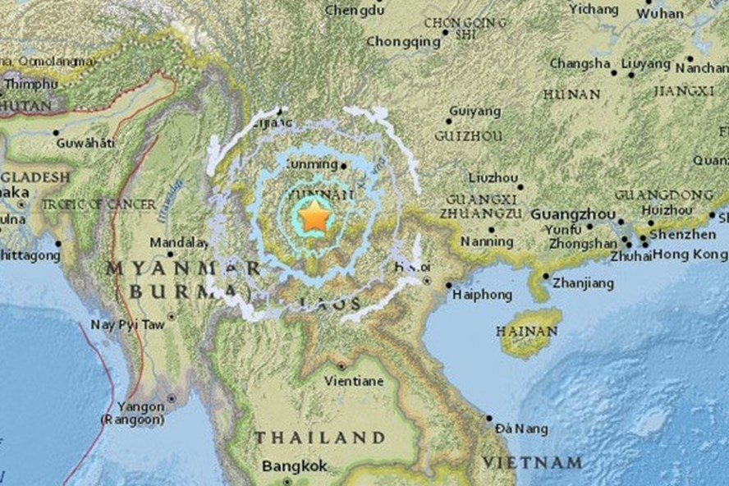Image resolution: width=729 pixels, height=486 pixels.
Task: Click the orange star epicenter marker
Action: click(314, 218)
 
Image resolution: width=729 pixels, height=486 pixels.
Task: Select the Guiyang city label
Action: click(475, 111)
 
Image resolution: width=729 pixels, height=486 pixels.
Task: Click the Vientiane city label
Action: click(354, 381)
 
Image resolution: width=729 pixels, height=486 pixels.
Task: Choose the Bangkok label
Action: click(295, 466)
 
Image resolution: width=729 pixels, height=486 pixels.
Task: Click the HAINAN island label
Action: click(526, 331)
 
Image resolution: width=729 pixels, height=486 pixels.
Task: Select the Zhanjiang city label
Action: click(583, 283)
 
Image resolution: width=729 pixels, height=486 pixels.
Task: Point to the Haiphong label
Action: click(484, 295)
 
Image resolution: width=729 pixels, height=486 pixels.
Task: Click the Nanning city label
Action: click(487, 241)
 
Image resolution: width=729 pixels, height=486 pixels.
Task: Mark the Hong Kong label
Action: click(689, 254)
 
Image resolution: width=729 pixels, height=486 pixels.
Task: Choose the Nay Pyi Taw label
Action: click(127, 324)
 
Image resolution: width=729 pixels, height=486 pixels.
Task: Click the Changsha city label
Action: click(580, 63)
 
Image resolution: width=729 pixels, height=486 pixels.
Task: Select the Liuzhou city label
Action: click(493, 177)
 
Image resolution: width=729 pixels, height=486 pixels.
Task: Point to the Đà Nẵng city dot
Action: click(488, 418)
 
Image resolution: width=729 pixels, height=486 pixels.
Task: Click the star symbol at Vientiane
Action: click(342, 366)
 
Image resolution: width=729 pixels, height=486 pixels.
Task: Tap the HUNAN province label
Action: click(571, 94)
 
